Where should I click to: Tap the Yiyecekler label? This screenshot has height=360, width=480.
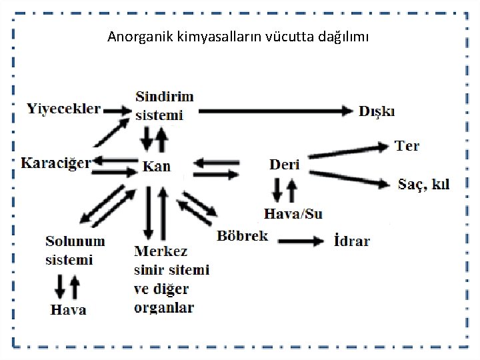tap(64, 107)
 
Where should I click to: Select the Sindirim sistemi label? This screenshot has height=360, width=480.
tap(164, 105)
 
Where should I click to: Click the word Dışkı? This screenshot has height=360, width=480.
tap(377, 111)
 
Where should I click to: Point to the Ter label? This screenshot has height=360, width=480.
tap(407, 145)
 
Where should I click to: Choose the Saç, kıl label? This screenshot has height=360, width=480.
tap(423, 183)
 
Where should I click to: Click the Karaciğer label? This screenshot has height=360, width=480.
tap(55, 163)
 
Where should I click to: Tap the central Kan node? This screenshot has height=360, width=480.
tap(157, 167)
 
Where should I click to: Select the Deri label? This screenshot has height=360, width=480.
tap(285, 164)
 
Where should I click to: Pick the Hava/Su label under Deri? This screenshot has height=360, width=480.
tap(293, 214)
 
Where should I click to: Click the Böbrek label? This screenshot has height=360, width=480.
tap(242, 235)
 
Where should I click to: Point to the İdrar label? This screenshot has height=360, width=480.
tap(351, 241)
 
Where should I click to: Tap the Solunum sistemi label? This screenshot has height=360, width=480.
tap(75, 249)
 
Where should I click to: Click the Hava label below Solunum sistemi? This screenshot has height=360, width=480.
tap(69, 309)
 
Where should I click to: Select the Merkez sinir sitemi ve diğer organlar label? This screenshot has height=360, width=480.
tap(171, 279)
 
